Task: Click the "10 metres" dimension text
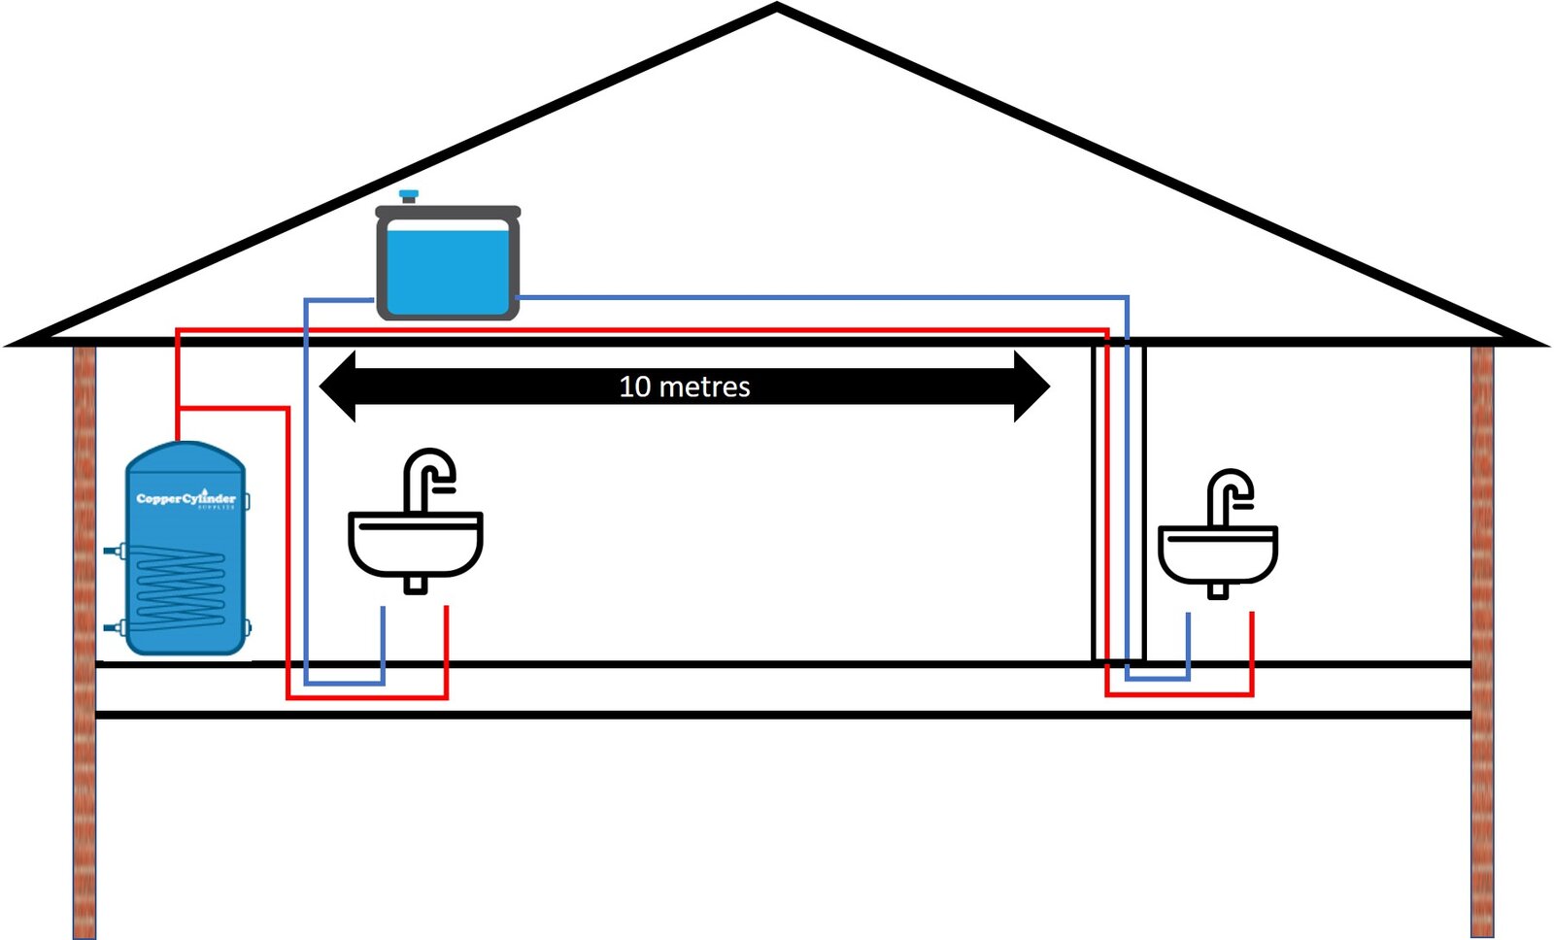(685, 386)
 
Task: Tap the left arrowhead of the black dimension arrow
(337, 386)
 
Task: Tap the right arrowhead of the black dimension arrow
(1031, 386)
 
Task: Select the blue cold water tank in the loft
(448, 264)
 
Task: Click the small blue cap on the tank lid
(409, 195)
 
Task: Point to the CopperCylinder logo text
(186, 498)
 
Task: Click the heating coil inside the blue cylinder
(181, 587)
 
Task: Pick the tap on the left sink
(428, 476)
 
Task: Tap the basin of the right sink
(1218, 555)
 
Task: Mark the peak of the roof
(777, 8)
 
